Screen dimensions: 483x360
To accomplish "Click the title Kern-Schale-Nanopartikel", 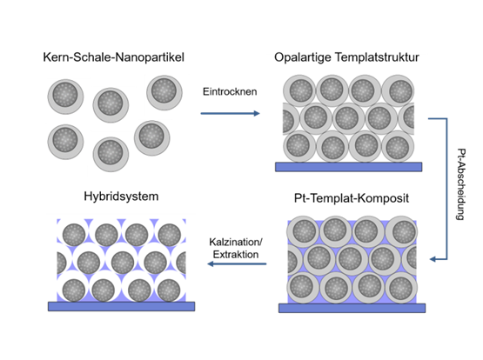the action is pyautogui.click(x=113, y=57).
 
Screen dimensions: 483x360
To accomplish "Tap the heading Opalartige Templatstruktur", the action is pyautogui.click(x=346, y=57).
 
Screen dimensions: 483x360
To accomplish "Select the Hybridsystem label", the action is pyautogui.click(x=121, y=197).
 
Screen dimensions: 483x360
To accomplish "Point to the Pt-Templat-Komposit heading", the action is pyautogui.click(x=352, y=198).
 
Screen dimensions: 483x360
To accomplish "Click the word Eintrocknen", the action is pyautogui.click(x=230, y=91).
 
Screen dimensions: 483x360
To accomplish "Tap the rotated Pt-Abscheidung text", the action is pyautogui.click(x=461, y=184).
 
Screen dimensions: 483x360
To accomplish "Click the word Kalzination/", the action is pyautogui.click(x=236, y=242).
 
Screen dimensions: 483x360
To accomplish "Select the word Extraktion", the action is pyautogui.click(x=236, y=255).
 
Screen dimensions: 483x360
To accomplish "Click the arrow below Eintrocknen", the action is pyautogui.click(x=230, y=114).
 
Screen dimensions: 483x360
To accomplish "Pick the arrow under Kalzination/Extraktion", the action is pyautogui.click(x=237, y=263).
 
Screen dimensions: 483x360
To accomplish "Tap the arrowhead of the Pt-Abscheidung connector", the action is pyautogui.click(x=433, y=259).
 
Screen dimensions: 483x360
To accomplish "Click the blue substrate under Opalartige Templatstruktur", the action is pyautogui.click(x=348, y=167).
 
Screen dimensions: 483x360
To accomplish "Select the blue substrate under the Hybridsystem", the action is pyautogui.click(x=121, y=306).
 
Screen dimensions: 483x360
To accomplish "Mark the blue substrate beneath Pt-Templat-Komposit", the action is pyautogui.click(x=352, y=308).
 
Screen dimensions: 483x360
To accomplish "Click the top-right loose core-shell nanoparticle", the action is pyautogui.click(x=164, y=93).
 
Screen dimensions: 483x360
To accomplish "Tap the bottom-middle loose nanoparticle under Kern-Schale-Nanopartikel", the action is pyautogui.click(x=111, y=155).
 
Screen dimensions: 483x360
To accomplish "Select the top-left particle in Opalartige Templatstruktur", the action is pyautogui.click(x=299, y=91).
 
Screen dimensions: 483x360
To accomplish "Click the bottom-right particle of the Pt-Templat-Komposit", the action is pyautogui.click(x=401, y=288).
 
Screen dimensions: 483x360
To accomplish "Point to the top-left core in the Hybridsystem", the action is pyautogui.click(x=74, y=235).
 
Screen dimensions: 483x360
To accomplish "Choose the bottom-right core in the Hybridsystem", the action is pyautogui.click(x=169, y=290).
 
